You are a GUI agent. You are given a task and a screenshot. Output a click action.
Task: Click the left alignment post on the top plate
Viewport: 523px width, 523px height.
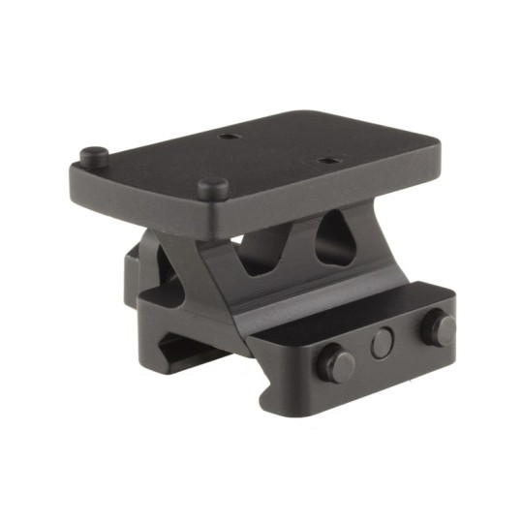(93, 155)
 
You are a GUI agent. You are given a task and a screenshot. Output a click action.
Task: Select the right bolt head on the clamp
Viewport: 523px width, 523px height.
(438, 328)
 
